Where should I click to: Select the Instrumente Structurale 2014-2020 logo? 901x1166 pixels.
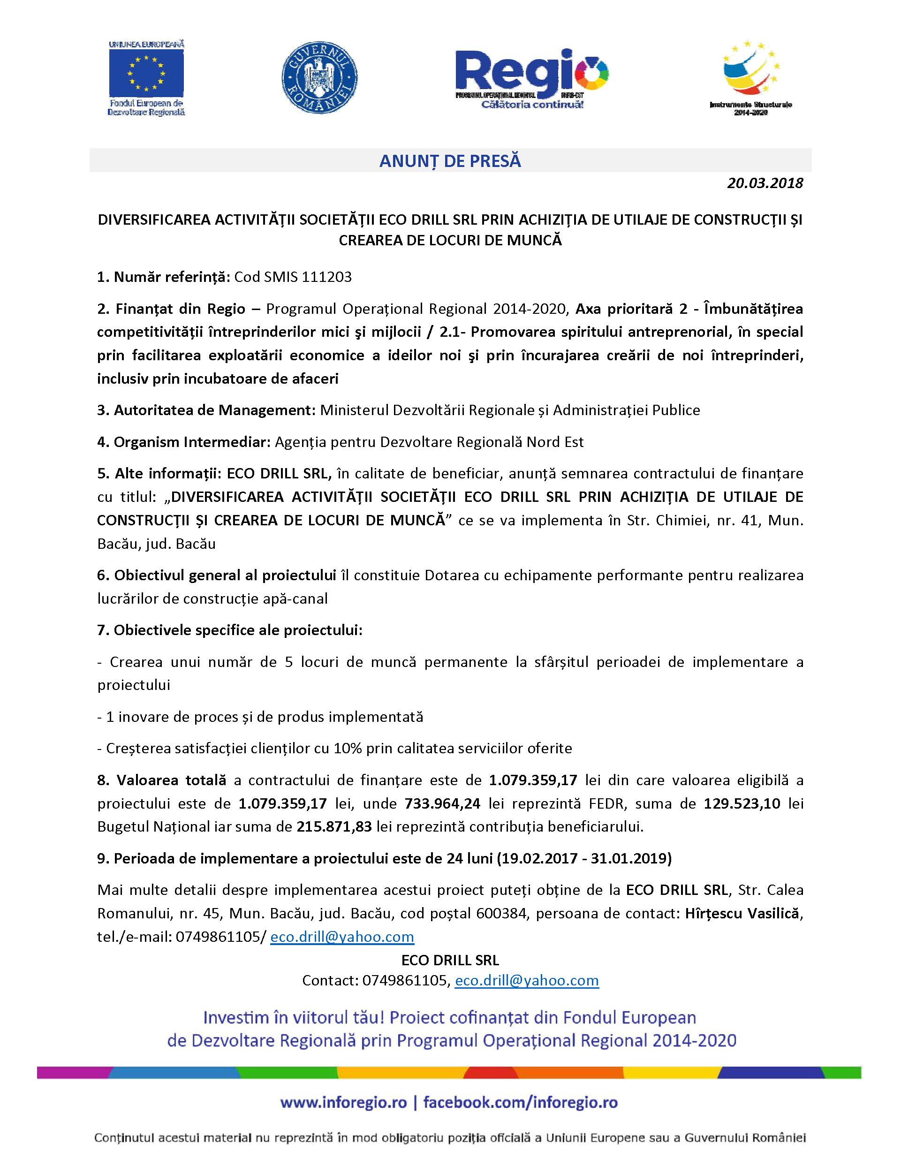(750, 77)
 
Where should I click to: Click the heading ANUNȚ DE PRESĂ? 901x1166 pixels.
(450, 161)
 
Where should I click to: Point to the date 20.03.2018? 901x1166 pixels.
(765, 183)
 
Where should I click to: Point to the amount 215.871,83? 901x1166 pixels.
(334, 827)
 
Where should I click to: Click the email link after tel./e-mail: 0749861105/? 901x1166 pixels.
(342, 937)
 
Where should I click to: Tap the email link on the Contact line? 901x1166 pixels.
(526, 981)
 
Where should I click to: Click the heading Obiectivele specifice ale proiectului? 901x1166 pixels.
(229, 630)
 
